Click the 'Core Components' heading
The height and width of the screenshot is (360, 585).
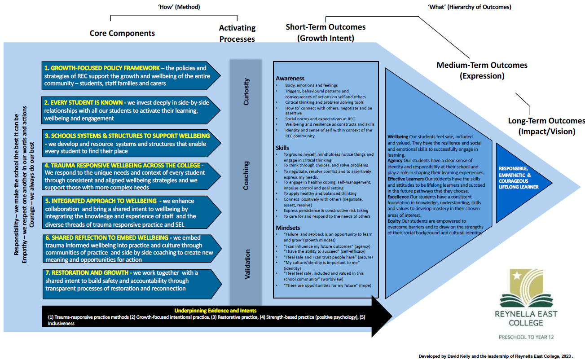pos(122,33)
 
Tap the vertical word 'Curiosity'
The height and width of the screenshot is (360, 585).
pos(246,92)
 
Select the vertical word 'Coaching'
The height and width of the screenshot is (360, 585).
pos(246,176)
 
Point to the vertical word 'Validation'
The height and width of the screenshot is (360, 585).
pos(247,264)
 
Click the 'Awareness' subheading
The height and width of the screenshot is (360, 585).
pos(290,78)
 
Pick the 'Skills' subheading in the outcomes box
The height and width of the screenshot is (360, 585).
pos(282,148)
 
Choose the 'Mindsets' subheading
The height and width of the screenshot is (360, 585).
pos(288,228)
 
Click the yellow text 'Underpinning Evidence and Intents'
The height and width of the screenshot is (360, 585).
pos(216,311)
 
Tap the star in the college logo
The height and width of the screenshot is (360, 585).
pos(516,276)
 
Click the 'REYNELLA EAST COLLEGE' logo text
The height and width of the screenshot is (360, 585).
pos(526,318)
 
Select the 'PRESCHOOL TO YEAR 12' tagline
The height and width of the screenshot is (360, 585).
pos(526,337)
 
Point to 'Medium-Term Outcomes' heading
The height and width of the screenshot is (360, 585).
pos(482,65)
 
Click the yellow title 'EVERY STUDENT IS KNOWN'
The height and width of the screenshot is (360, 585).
pos(87,103)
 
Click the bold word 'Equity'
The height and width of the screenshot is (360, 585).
pos(394,221)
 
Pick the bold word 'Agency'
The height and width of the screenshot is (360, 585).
pos(395,161)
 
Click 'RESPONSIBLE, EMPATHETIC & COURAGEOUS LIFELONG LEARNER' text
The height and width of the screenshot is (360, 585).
pos(519,178)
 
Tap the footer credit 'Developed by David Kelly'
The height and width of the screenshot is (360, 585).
pos(444,356)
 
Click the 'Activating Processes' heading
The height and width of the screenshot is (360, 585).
pos(237,33)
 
